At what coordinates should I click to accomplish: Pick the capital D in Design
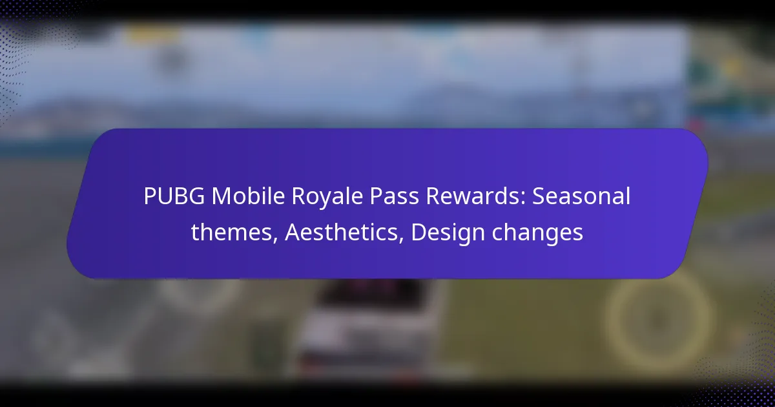tap(418, 233)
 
